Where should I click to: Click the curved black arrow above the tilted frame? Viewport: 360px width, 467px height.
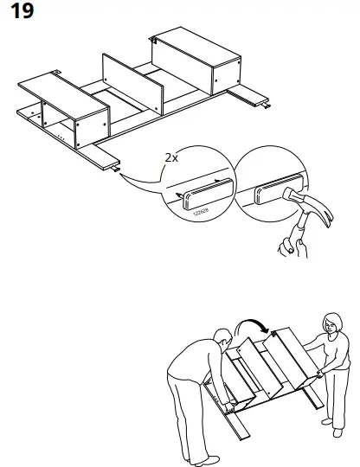[x=253, y=326]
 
